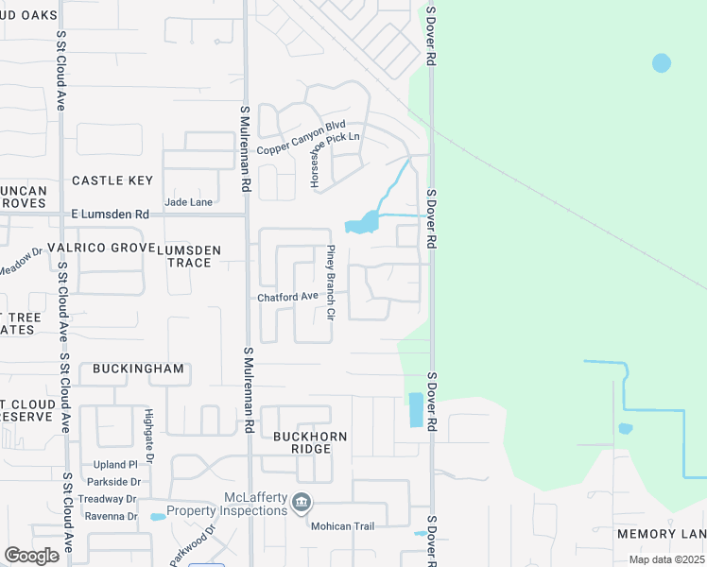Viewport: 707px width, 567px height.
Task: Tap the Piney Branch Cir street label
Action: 331,282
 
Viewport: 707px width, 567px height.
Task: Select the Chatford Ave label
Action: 288,297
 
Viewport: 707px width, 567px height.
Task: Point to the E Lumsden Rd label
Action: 111,215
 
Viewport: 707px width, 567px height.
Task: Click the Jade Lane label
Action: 188,201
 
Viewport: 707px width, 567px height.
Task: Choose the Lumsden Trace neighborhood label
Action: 189,255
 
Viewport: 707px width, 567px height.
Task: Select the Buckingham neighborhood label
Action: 138,369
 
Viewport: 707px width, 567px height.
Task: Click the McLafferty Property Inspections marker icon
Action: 302,502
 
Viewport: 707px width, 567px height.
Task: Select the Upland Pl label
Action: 116,465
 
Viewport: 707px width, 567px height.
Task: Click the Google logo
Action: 31,556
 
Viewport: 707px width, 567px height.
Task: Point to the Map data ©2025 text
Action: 666,559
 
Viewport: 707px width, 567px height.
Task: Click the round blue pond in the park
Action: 662,63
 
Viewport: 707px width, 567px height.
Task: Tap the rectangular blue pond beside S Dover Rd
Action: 416,409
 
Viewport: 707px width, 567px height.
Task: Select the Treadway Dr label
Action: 109,499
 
